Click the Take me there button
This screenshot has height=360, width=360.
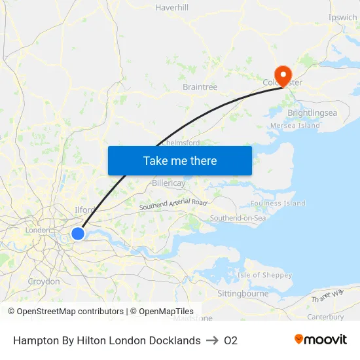click(179, 160)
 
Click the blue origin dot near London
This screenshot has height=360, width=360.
click(78, 234)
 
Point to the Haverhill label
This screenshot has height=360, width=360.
click(171, 8)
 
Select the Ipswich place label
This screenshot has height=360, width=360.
click(343, 17)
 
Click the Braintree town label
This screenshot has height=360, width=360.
click(200, 86)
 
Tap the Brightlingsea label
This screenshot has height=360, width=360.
click(312, 113)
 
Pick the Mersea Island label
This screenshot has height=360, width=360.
click(295, 125)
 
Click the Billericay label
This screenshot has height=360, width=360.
click(168, 183)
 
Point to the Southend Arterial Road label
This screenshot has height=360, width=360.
click(173, 204)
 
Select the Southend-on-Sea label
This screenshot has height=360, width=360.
click(238, 217)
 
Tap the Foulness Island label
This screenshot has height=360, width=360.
click(278, 204)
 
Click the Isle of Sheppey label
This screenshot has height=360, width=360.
click(264, 275)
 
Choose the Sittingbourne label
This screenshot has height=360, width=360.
click(243, 293)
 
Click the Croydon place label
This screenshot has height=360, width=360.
click(44, 281)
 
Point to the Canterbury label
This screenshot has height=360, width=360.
click(325, 317)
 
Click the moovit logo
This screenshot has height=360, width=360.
click(321, 339)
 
